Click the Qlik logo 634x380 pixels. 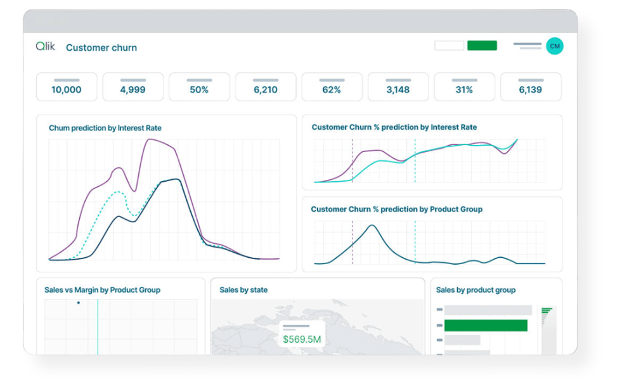[x=45, y=46]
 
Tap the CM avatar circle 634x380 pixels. [x=555, y=46]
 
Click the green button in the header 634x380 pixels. [x=482, y=46]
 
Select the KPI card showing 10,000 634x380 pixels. [x=67, y=87]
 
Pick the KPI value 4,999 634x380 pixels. [x=133, y=90]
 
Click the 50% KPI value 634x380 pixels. [x=199, y=90]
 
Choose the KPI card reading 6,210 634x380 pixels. [x=266, y=87]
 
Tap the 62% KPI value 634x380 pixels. [x=332, y=90]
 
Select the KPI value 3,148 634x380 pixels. [x=398, y=90]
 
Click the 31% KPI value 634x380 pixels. [x=464, y=90]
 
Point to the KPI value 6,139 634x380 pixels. [x=531, y=90]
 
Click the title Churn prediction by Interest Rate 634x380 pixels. [x=105, y=128]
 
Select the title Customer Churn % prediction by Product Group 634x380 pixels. [x=396, y=209]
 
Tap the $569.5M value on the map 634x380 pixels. [x=302, y=339]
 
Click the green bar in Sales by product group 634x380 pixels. [x=486, y=326]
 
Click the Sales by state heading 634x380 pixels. [x=243, y=290]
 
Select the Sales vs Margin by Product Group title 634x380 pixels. [x=102, y=290]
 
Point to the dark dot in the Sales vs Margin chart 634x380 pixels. [x=78, y=303]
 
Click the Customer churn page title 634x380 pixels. [x=101, y=47]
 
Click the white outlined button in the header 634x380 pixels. [x=449, y=46]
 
